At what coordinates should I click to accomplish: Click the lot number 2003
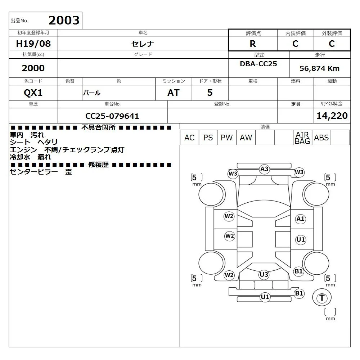64,20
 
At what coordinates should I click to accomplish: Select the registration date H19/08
33,44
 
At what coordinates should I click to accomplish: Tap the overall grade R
253,44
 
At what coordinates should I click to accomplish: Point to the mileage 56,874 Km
319,68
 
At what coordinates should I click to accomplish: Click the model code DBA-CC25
258,64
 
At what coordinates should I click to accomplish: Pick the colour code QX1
33,93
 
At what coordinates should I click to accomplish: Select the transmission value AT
174,93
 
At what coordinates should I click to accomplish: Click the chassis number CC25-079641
112,116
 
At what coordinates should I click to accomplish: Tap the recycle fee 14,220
332,116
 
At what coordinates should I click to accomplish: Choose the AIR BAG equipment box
303,138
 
